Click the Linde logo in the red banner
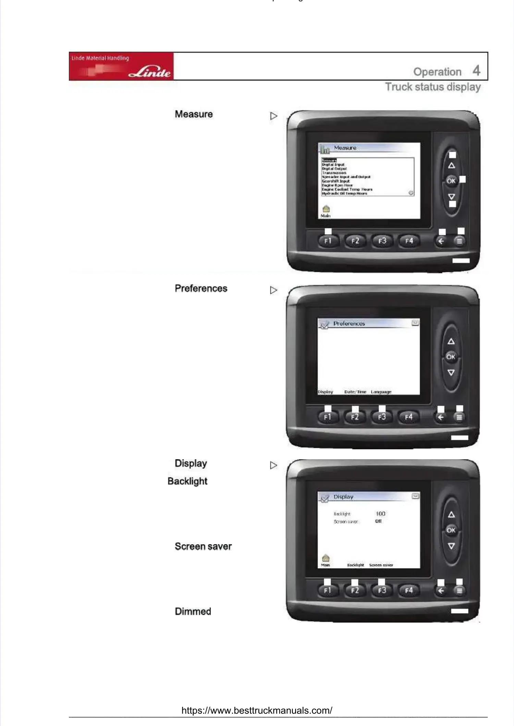[150, 72]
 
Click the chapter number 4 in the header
[476, 71]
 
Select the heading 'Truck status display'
[433, 87]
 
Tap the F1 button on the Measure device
[328, 241]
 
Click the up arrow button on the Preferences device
[451, 341]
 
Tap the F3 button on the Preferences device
[382, 417]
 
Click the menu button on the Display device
[460, 590]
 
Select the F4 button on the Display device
[409, 590]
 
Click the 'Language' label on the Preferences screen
[381, 392]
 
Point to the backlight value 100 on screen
[380, 514]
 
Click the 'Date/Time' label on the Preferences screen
[355, 392]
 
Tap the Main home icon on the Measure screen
[326, 209]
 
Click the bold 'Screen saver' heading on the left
[203, 546]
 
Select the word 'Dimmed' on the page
[193, 611]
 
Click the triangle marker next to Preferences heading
[273, 290]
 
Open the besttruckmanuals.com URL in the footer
[257, 710]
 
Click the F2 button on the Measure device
[355, 241]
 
